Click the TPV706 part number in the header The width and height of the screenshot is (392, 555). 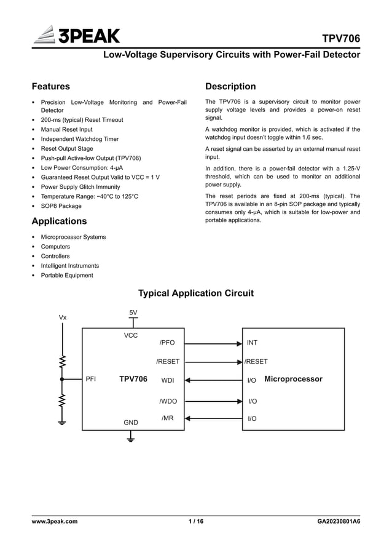(341, 39)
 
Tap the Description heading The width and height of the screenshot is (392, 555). (230, 86)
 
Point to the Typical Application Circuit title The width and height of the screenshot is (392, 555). (195, 293)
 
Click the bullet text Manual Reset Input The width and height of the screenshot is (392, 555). (66, 129)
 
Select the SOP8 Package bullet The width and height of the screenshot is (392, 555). (61, 206)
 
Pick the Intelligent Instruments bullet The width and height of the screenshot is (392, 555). (69, 266)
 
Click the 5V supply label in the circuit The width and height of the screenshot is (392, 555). (133, 313)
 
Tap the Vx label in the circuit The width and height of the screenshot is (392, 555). (63, 317)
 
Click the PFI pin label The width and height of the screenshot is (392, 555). (90, 380)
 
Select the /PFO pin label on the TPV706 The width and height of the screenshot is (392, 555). (167, 343)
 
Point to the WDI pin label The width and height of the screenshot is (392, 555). (168, 381)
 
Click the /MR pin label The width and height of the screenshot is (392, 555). (167, 418)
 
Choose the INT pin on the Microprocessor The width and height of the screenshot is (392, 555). (252, 343)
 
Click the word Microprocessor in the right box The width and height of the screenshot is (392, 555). (293, 379)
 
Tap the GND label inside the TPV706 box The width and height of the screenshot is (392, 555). (131, 423)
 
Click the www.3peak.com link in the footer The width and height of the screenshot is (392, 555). (55, 522)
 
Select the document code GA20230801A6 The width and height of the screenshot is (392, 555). (339, 522)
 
